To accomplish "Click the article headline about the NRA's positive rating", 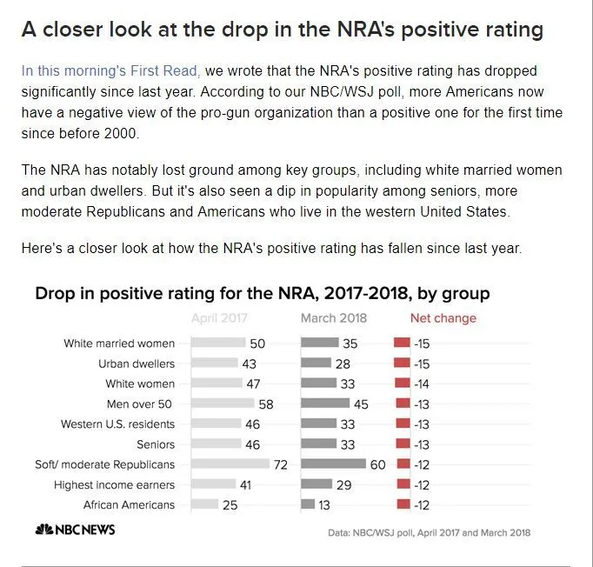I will pos(283,30).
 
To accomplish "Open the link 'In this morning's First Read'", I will pos(110,70).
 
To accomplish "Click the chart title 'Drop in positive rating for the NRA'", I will pos(262,293).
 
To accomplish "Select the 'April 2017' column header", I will pos(219,318).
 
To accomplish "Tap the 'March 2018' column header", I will pos(334,318).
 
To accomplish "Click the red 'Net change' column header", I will pos(443,318).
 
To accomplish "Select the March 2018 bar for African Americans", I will pos(308,504).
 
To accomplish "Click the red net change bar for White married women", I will pos(402,344).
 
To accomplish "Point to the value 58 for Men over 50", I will pos(266,404).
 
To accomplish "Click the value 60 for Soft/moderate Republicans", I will pos(377,464).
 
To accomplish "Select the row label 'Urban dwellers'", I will pos(137,364).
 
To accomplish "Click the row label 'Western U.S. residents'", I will pos(117,424).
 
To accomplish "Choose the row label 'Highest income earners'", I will pos(114,484).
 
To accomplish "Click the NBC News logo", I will pos(75,530).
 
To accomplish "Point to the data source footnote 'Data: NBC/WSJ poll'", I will pos(429,532).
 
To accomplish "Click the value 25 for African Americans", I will pos(230,504).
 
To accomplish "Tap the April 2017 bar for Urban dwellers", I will pos(214,364).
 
